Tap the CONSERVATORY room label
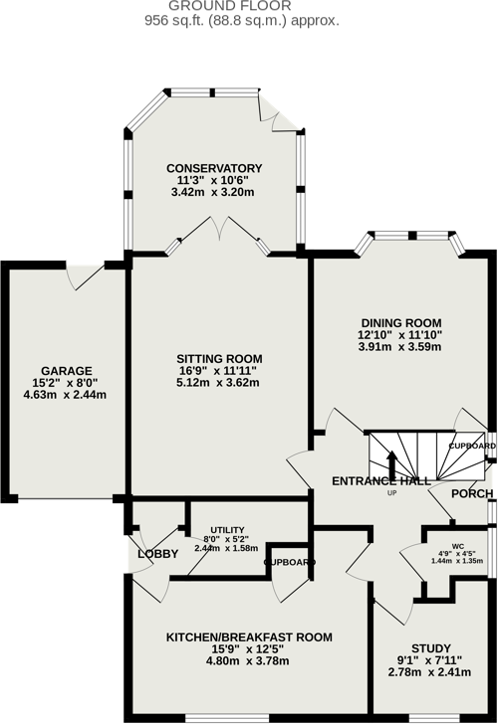(214, 168)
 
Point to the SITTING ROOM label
(219, 359)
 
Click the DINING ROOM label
(400, 322)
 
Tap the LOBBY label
(157, 554)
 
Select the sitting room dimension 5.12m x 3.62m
(218, 383)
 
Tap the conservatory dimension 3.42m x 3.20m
(214, 192)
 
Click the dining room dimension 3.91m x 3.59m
(400, 347)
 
